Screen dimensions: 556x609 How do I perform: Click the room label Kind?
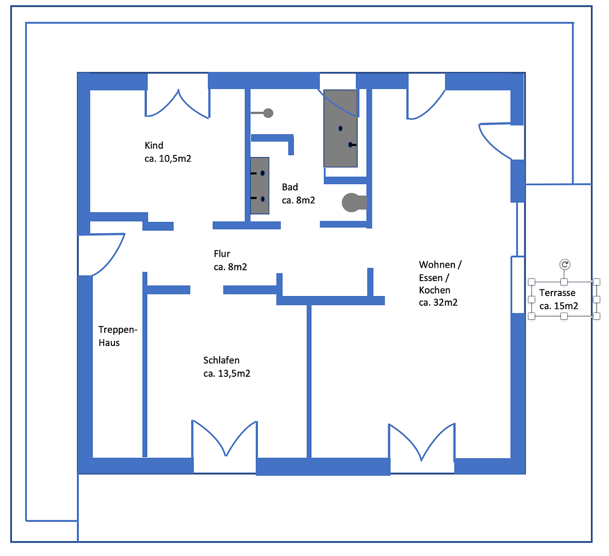(x=154, y=146)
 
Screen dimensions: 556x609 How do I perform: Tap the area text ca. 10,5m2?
(x=168, y=159)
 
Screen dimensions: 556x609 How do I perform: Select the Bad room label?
(x=290, y=187)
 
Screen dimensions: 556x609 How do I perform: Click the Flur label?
(x=222, y=254)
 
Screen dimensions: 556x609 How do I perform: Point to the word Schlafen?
(x=221, y=360)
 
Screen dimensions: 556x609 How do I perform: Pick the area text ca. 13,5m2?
(x=226, y=374)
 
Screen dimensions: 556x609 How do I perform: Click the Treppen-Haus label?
(x=117, y=336)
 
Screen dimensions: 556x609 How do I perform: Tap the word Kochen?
(x=434, y=290)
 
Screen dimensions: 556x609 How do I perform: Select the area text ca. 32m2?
(x=438, y=303)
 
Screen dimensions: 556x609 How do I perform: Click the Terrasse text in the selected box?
(x=557, y=293)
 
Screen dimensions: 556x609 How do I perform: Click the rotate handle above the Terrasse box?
(x=565, y=265)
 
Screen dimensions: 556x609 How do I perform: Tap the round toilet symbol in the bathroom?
(x=352, y=202)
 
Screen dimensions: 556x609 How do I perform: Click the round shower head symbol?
(x=268, y=113)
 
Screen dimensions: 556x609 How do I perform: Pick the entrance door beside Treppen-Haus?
(x=101, y=255)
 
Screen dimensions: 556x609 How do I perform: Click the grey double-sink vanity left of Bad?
(x=260, y=186)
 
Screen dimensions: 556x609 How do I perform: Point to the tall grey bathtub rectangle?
(x=340, y=129)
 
